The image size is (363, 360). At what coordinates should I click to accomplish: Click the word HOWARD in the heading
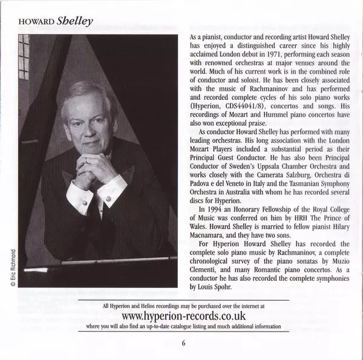(x=36, y=22)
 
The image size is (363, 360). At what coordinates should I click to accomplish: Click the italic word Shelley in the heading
(x=75, y=21)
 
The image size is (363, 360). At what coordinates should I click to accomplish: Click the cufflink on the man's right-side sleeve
(x=108, y=198)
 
